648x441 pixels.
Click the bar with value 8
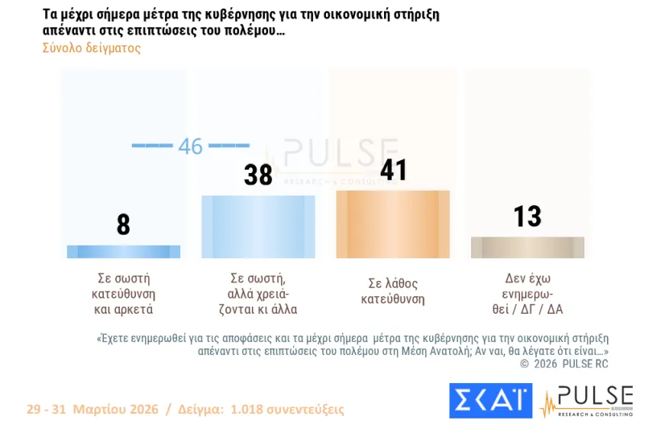pos(123,251)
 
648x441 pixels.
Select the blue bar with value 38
pos(258,226)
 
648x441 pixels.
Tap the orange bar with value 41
pos(393,225)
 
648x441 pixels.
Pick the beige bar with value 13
pos(527,247)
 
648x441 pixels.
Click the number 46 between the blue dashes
pos(191,146)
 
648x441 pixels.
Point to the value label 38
pos(258,175)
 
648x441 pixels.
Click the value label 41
pos(393,170)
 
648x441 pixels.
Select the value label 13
pos(527,216)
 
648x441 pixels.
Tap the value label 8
pos(123,225)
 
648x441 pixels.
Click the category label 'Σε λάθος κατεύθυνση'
pos(393,292)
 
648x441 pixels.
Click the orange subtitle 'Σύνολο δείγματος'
pos(91,47)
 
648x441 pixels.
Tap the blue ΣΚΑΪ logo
pos(490,401)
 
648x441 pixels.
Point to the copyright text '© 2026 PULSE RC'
pos(563,364)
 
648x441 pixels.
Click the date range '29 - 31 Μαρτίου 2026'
pos(92,410)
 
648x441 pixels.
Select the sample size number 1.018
pos(250,410)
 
